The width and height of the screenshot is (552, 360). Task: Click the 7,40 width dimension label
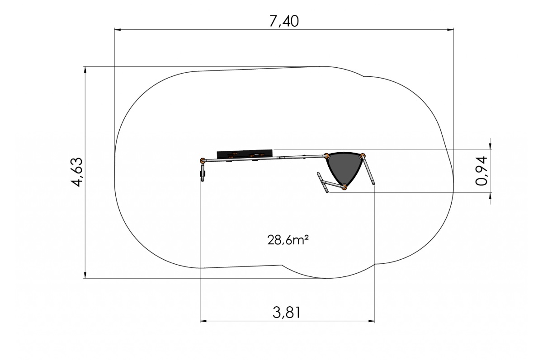pos(284,21)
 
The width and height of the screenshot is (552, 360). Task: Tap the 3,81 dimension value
pos(287,313)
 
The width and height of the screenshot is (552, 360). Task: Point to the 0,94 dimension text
pos(481,170)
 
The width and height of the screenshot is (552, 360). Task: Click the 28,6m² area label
pos(288,240)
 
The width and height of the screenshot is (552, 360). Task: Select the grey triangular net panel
pos(344,168)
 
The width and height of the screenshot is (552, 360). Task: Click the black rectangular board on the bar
pos(245,154)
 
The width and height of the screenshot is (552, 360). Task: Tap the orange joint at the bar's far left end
pos(203,160)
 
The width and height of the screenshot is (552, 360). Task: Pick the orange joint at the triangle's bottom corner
pos(344,187)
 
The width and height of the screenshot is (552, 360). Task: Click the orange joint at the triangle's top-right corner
pos(363,156)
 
